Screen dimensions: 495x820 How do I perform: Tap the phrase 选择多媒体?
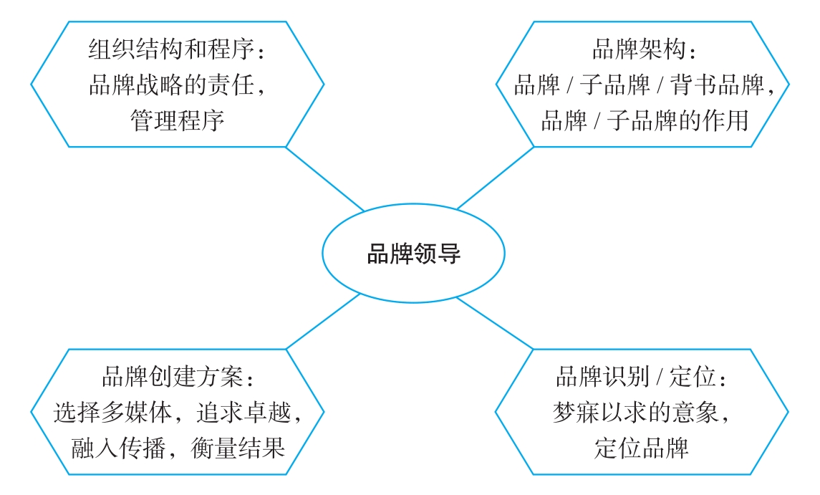tap(112, 413)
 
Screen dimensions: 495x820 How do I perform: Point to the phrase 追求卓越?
tap(243, 413)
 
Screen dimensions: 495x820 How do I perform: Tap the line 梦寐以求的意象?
tap(636, 413)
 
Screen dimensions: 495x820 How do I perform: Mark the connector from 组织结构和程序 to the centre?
tap(324, 179)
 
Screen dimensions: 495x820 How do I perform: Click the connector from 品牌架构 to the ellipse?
tap(496, 178)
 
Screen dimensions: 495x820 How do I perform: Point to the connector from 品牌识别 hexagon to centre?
tap(495, 323)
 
